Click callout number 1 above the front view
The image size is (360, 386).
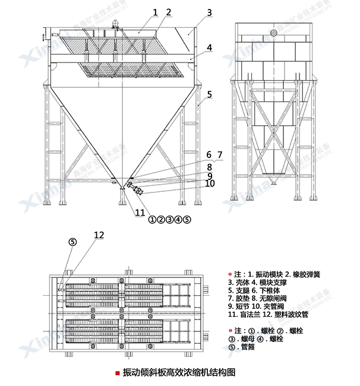(155, 11)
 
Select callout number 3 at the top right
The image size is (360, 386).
(209, 12)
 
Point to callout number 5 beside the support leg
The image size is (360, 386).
(209, 94)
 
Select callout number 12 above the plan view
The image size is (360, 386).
(99, 235)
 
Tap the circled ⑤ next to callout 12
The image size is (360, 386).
(72, 242)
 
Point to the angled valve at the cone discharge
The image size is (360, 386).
(136, 189)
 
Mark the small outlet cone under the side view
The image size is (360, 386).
(273, 180)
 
